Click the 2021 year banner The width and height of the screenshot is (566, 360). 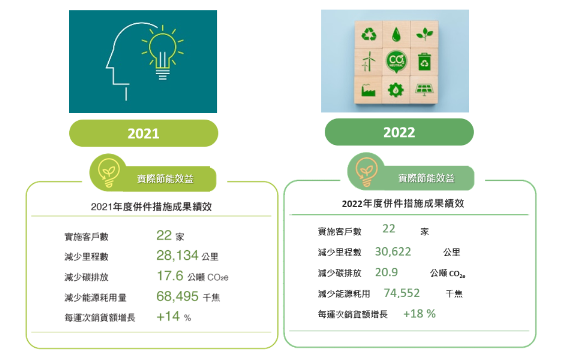[x=143, y=133]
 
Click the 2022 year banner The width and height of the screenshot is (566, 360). [x=399, y=132]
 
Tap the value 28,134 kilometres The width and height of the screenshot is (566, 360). [x=177, y=256]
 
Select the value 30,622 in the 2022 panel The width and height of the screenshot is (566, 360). [x=392, y=252]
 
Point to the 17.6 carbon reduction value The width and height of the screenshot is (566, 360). [x=170, y=276]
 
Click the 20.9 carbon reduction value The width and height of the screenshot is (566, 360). [x=386, y=272]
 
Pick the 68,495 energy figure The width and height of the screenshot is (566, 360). [x=177, y=296]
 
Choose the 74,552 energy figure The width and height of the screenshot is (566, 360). [x=401, y=293]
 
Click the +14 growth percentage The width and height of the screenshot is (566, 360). [x=168, y=316]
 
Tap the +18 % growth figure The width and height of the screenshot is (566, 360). [x=419, y=314]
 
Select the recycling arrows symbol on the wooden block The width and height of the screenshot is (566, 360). [x=369, y=35]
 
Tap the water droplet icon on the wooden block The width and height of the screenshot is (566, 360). [x=396, y=34]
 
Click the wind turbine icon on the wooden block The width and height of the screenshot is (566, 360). [x=369, y=61]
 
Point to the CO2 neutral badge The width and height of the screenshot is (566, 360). [x=396, y=61]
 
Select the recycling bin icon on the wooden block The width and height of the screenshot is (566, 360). [x=424, y=61]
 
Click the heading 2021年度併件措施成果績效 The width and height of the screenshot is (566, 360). [x=151, y=207]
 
